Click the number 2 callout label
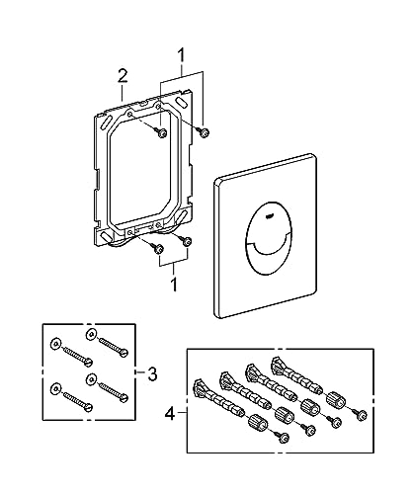[x=122, y=75]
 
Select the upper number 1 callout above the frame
[x=179, y=52]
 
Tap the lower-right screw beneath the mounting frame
[x=185, y=239]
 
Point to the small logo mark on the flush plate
[x=273, y=210]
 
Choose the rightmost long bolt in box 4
[x=297, y=376]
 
